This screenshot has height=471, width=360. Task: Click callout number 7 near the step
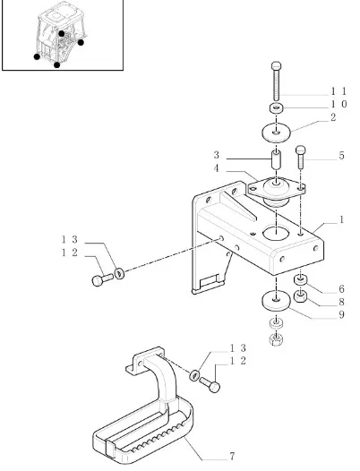click(231, 457)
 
